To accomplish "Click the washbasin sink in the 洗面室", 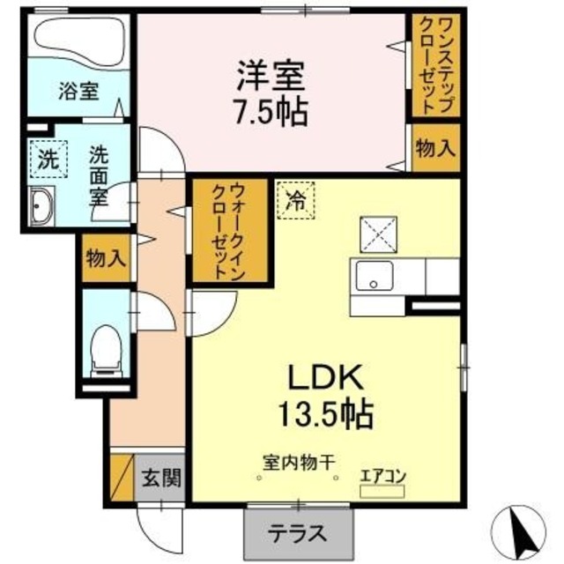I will pos(41,209).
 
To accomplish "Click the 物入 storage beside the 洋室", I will pos(434,149).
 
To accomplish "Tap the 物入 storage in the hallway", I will pos(106,258).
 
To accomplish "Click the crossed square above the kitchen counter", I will pos(377,234).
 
